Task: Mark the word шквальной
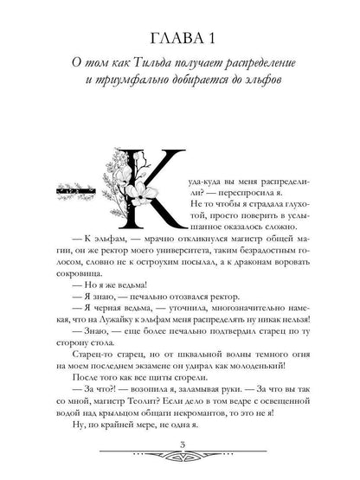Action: (171, 393)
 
